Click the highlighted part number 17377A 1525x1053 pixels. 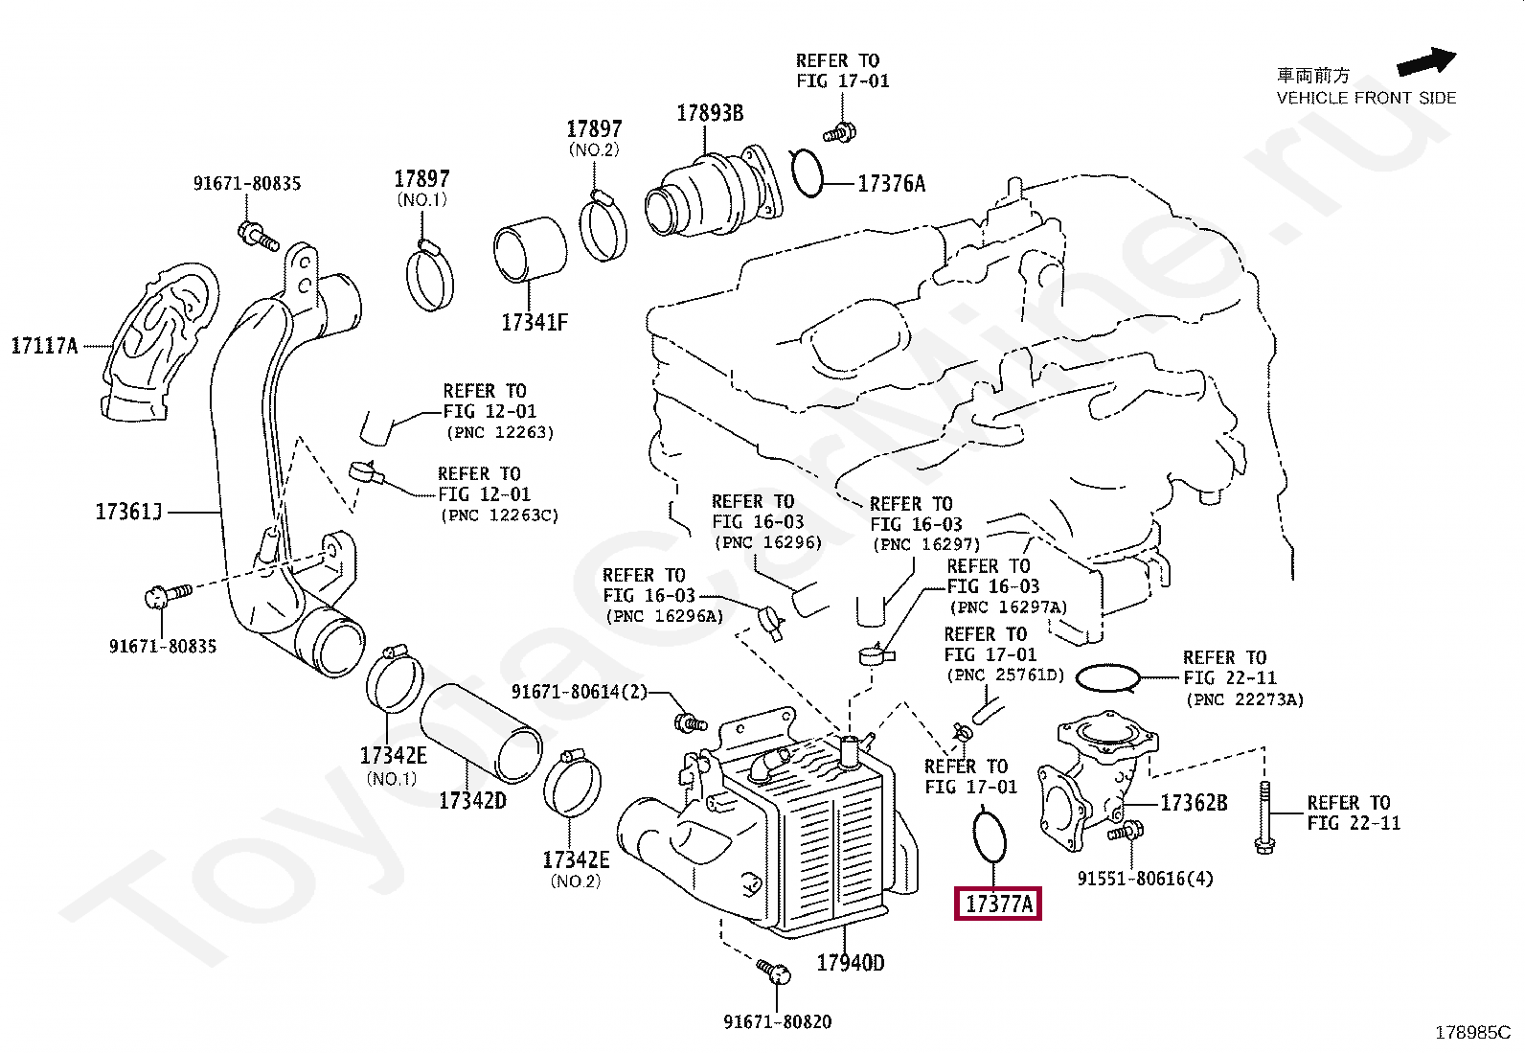(x=998, y=904)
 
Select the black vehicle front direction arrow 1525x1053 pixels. (x=1425, y=61)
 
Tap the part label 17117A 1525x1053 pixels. (x=44, y=346)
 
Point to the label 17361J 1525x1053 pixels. (x=128, y=512)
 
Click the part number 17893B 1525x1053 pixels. (x=710, y=113)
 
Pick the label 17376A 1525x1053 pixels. (x=891, y=183)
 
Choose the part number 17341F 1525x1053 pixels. (x=535, y=322)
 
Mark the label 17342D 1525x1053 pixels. (x=472, y=800)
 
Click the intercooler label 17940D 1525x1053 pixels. (x=851, y=962)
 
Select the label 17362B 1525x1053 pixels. (x=1194, y=803)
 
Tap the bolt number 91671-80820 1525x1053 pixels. (x=778, y=1021)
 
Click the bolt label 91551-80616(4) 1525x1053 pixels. (x=1145, y=879)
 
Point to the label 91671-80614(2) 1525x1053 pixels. (x=580, y=692)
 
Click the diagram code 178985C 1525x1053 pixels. (x=1472, y=1033)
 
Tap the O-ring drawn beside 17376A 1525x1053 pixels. (x=808, y=173)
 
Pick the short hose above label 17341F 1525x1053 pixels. (x=530, y=249)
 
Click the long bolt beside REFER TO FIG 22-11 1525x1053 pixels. (x=1264, y=817)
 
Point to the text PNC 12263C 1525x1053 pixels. (x=500, y=515)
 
